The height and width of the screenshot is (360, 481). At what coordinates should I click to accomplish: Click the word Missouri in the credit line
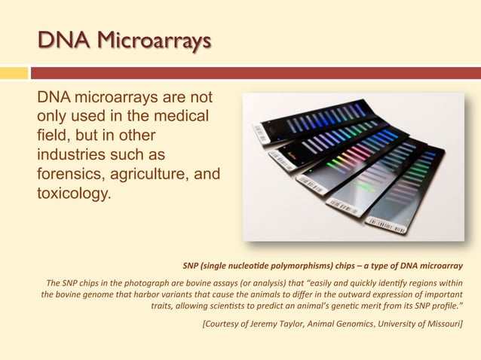coord(443,324)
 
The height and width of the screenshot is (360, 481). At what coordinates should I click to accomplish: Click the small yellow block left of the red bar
coord(14,73)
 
